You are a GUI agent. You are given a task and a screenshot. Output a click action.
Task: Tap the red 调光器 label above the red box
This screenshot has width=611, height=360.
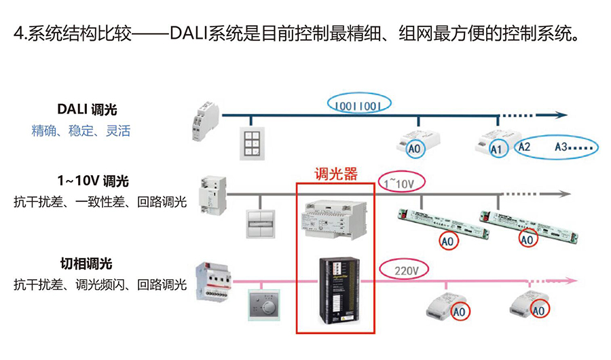[335, 175]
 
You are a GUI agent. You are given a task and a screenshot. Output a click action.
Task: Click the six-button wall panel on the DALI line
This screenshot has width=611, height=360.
[252, 142]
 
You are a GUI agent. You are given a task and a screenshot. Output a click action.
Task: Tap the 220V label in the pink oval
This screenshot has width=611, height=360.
[406, 270]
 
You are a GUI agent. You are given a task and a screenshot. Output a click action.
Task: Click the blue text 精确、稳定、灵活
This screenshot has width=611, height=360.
[81, 130]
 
